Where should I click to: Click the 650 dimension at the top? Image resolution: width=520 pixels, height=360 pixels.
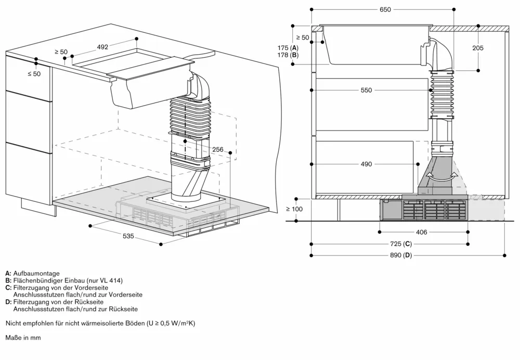385,9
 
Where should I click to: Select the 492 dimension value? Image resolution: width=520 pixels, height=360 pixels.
102,47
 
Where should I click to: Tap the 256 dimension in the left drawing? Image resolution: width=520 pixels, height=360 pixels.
217,150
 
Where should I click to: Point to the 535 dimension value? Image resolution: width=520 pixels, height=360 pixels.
128,236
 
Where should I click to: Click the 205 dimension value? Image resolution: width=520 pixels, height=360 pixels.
478,48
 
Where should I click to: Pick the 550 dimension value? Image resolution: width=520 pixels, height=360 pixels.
366,90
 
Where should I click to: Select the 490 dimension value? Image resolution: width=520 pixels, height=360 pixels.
366,164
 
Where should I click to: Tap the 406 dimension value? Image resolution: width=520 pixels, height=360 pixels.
421,232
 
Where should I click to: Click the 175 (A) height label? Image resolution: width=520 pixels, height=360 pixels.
288,48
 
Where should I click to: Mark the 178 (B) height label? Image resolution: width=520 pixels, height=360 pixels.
288,55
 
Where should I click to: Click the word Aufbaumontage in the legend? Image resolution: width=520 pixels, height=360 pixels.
36,273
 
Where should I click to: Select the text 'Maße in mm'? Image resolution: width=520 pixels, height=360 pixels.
23,338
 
